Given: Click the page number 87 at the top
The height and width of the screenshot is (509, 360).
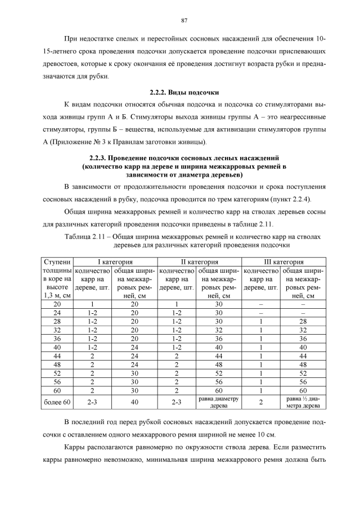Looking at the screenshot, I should point(184,21).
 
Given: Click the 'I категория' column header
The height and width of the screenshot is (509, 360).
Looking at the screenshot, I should point(116,262).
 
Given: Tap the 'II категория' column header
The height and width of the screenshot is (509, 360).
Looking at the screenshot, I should point(200,262).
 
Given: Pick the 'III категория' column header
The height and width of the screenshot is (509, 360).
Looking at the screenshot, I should point(284,262).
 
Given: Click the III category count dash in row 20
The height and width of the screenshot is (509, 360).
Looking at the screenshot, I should point(261,303).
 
